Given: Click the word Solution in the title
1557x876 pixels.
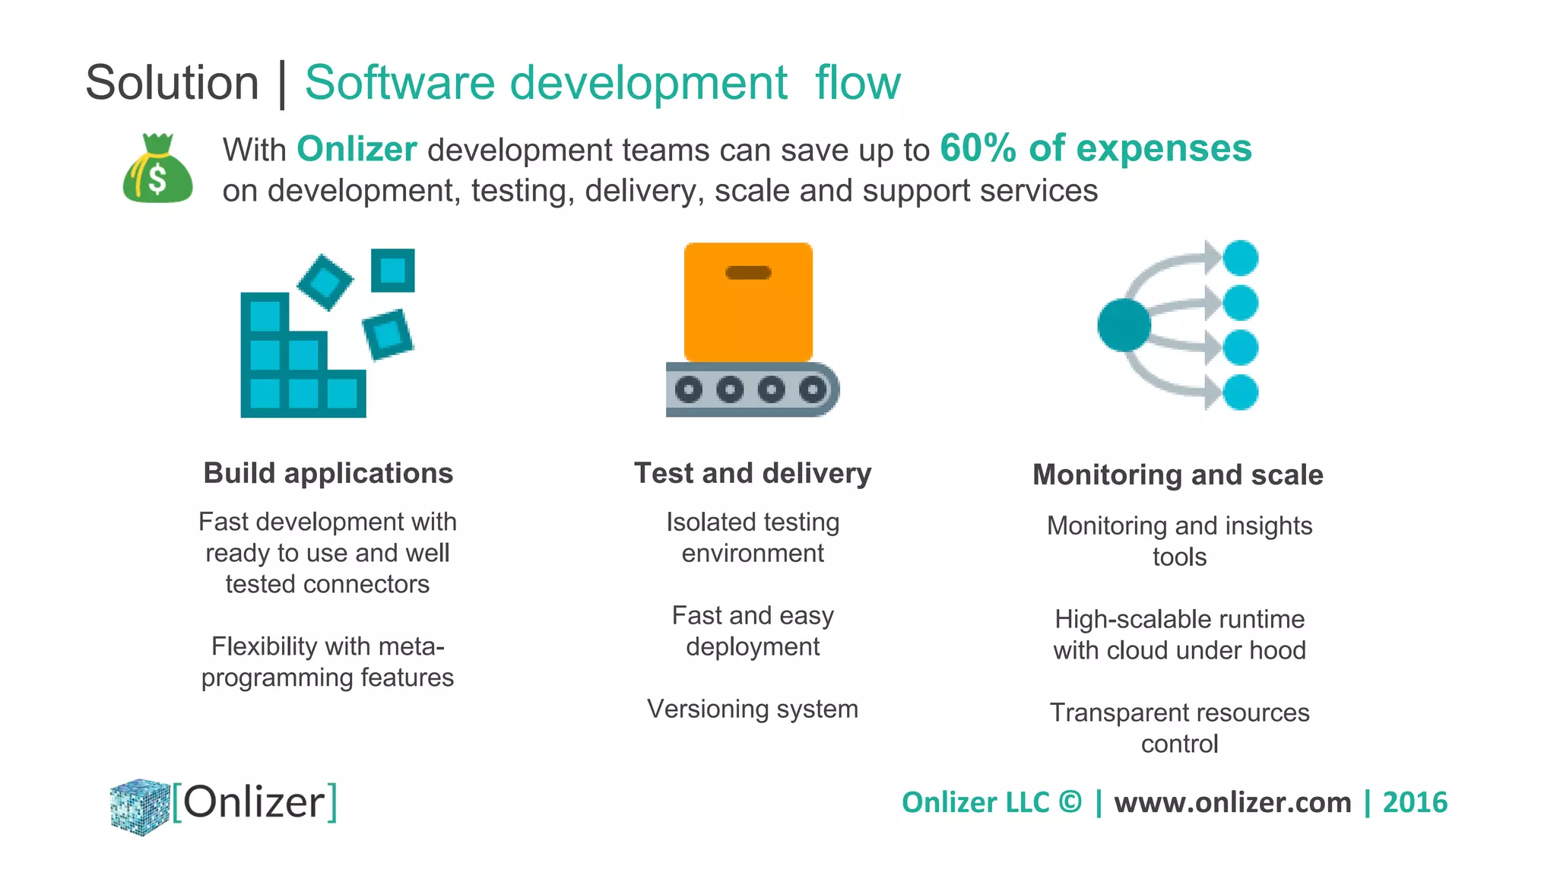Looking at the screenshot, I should (x=172, y=82).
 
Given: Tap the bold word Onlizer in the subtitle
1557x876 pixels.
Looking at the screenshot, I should (x=357, y=149).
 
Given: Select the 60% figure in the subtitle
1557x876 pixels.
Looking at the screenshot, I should (x=978, y=148).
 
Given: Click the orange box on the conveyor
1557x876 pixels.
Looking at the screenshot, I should (x=748, y=312).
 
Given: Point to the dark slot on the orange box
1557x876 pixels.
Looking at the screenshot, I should (x=748, y=272).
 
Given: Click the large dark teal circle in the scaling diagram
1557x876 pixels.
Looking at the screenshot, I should (x=1124, y=325).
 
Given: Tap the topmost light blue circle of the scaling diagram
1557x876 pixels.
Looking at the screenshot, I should (x=1241, y=258).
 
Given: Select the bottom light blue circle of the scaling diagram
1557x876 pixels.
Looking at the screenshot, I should (x=1241, y=392).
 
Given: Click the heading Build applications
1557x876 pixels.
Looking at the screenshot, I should (x=328, y=473).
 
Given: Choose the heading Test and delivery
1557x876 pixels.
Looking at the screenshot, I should (x=753, y=473).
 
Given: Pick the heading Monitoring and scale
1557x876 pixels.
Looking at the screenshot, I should (x=1178, y=474).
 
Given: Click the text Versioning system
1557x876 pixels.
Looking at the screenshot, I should (x=753, y=709).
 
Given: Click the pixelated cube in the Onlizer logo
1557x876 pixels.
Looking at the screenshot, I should (x=139, y=805).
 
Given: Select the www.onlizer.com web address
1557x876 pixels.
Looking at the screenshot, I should (x=1232, y=802).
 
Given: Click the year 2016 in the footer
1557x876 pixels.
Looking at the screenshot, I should (x=1415, y=802).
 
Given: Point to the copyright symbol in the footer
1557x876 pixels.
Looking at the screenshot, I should (x=1070, y=801).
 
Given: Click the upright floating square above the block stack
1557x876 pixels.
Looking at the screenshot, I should (x=392, y=270).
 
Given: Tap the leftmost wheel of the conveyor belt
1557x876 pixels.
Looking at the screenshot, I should (x=689, y=390).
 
